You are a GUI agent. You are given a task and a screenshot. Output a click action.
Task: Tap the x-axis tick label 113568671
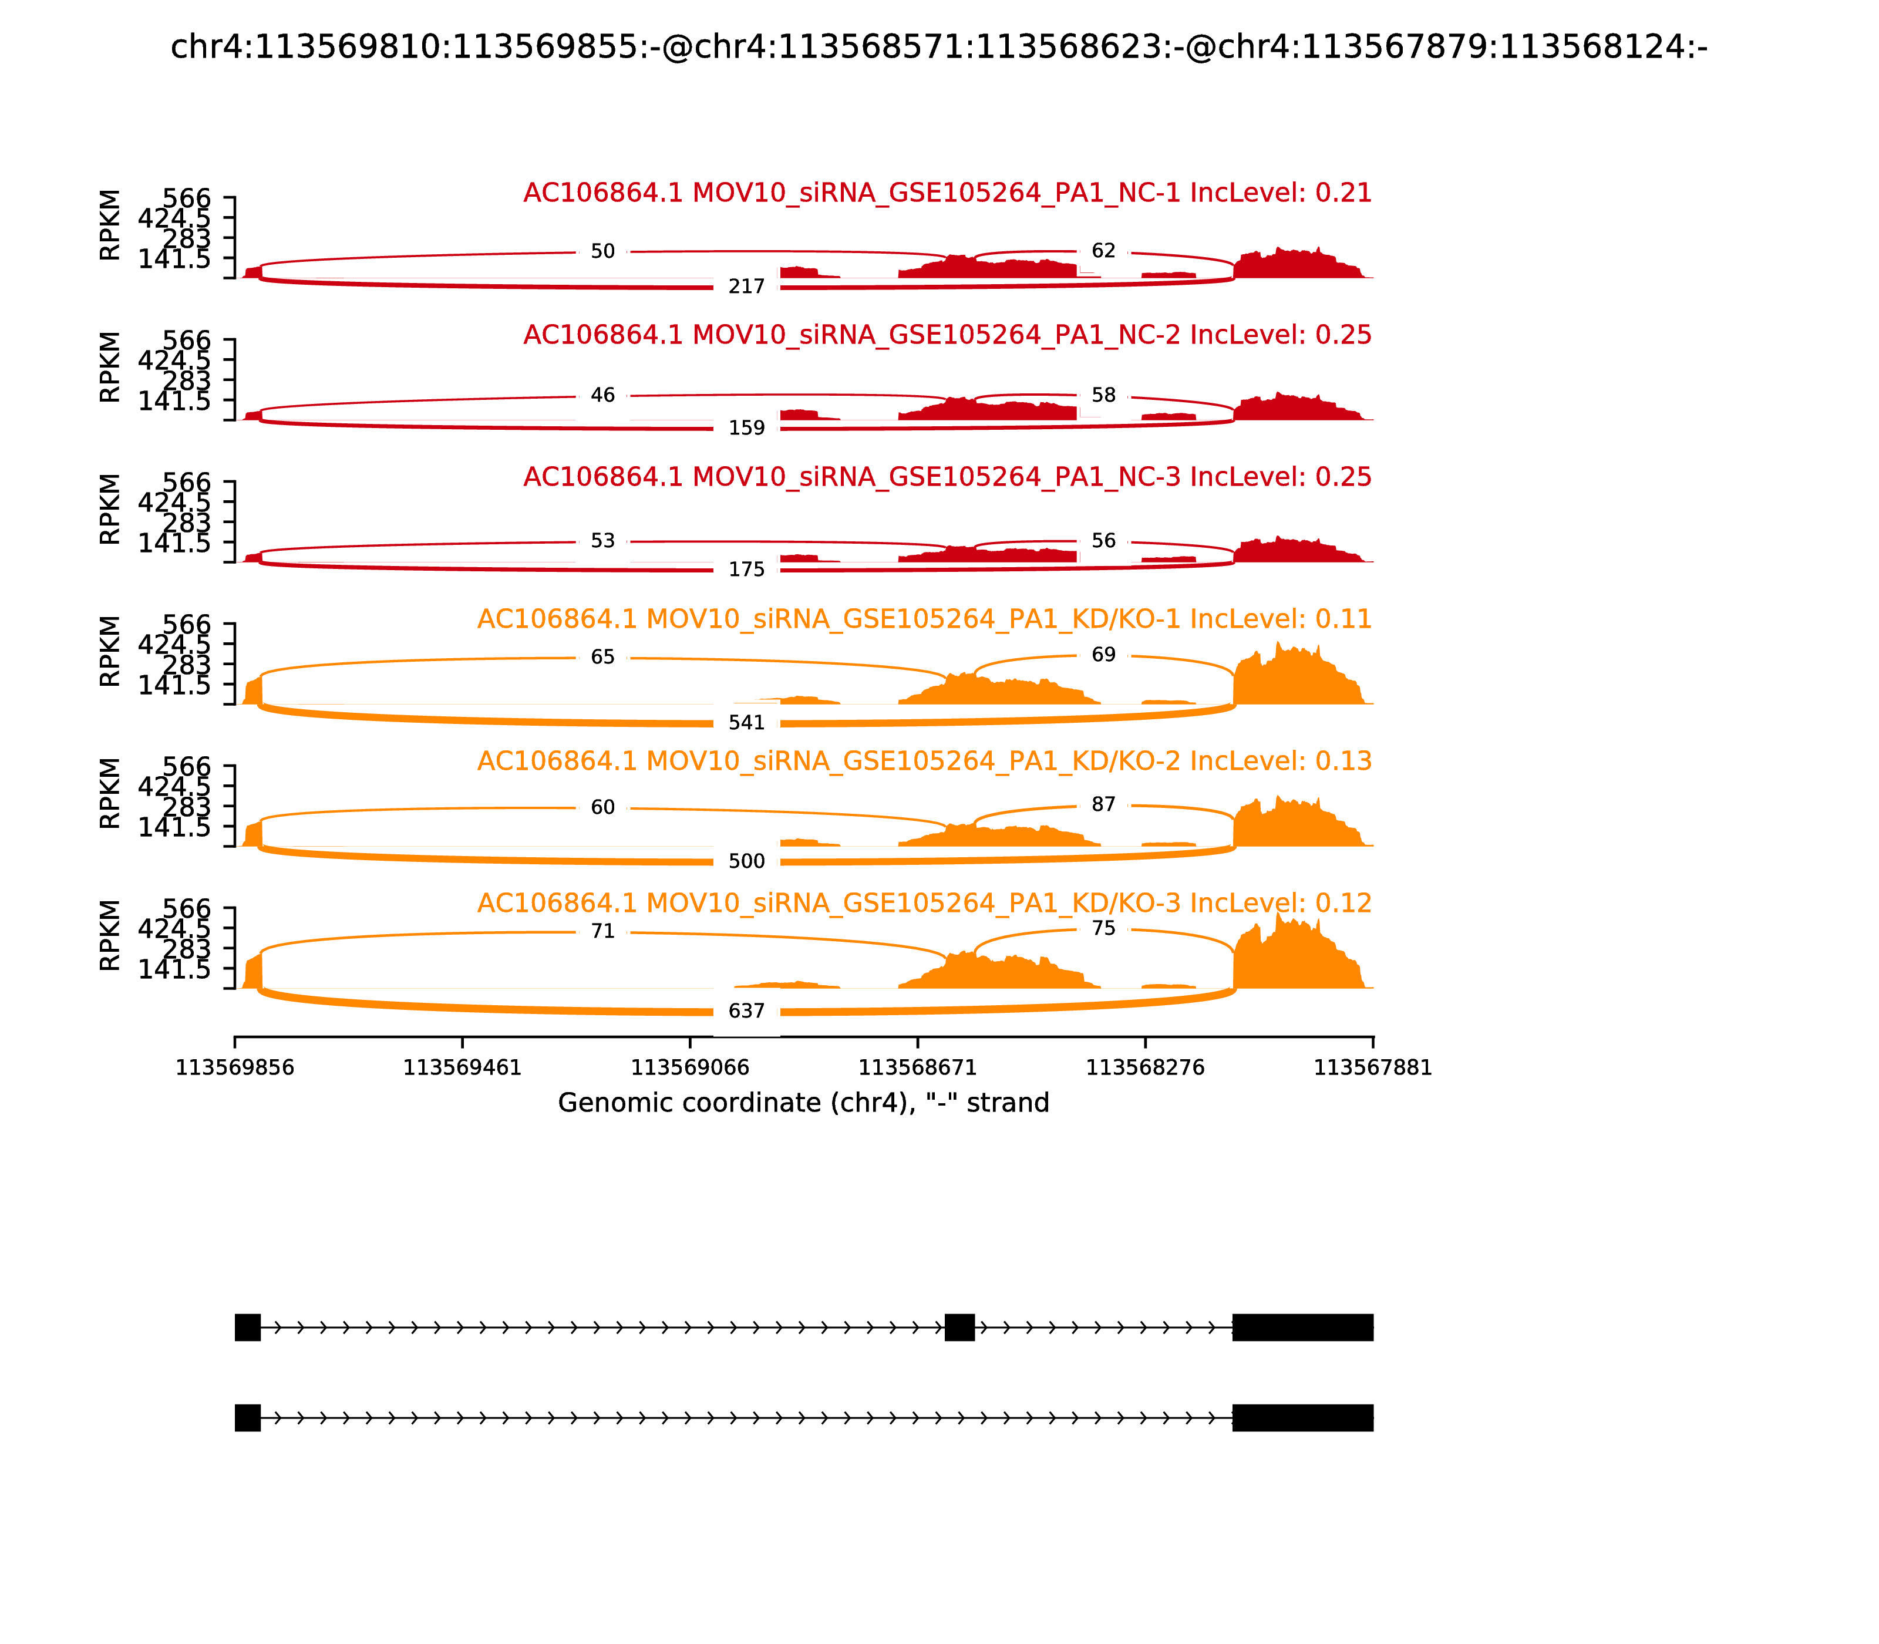[917, 1068]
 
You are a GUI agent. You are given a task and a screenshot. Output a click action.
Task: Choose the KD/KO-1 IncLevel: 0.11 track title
[924, 619]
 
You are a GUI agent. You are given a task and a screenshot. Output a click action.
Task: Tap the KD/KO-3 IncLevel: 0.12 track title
[924, 903]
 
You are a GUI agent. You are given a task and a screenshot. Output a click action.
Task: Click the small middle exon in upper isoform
[959, 1326]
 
